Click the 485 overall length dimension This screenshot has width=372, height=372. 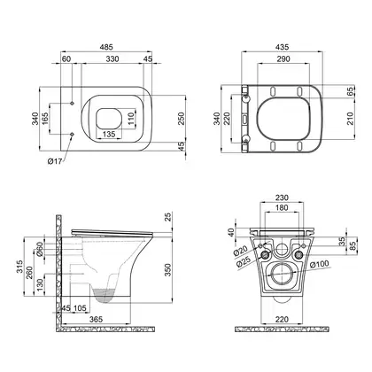(x=106, y=47)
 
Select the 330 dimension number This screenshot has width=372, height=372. (x=112, y=59)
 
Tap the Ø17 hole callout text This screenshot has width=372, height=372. (x=55, y=161)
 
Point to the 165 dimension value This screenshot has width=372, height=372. (x=45, y=118)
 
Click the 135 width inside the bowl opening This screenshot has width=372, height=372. (x=109, y=135)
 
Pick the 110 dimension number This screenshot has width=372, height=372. (x=131, y=118)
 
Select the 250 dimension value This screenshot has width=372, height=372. (x=181, y=119)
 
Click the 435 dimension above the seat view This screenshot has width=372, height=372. (x=283, y=47)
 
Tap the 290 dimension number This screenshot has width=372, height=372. (x=283, y=59)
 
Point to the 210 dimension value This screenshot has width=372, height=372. (x=350, y=119)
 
